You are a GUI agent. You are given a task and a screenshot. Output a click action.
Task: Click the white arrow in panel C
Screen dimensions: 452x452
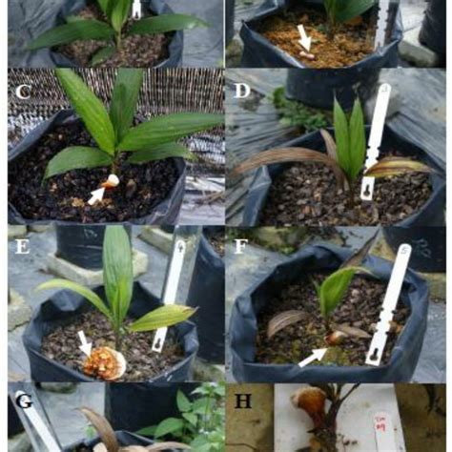pos(96,195)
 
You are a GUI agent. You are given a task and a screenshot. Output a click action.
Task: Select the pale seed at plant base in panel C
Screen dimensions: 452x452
pos(113,180)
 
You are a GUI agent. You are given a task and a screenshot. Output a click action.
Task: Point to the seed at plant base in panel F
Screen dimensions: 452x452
pos(334,337)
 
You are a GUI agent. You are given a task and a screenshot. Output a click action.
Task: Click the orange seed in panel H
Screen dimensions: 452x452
pos(310,404)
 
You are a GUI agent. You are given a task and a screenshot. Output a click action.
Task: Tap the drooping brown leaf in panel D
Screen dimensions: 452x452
pos(281,157)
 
